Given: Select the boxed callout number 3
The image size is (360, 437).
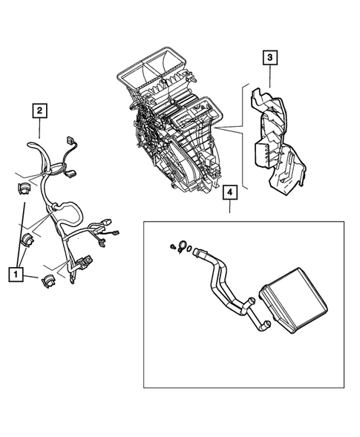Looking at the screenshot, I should point(270,57).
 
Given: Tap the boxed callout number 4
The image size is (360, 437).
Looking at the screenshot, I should point(230,194).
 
